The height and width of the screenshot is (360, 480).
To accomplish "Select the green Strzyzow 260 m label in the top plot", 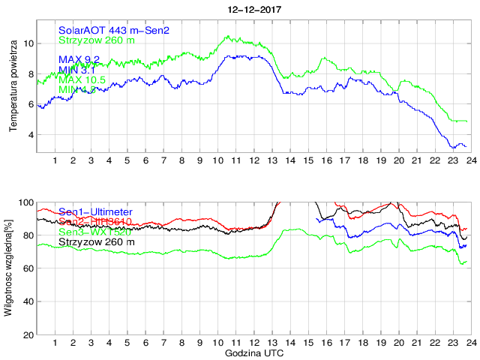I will pos(97,40).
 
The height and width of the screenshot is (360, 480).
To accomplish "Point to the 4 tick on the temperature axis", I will pos(30,135).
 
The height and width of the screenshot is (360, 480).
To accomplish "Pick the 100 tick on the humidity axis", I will pos(25,202).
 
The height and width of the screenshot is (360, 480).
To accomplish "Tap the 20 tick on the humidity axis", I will pos(28,334).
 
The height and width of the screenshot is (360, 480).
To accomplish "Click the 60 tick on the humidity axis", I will pos(28,268).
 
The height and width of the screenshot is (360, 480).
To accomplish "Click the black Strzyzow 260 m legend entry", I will pos(97,242).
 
